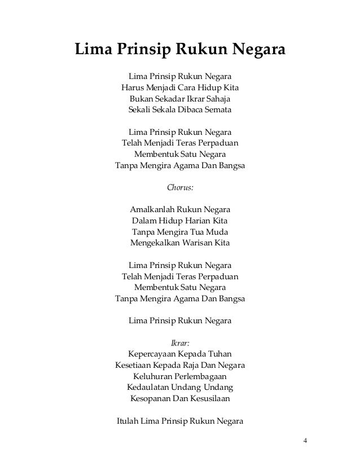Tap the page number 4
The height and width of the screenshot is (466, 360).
[x=305, y=441]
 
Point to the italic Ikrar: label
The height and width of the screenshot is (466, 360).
[x=180, y=342]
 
